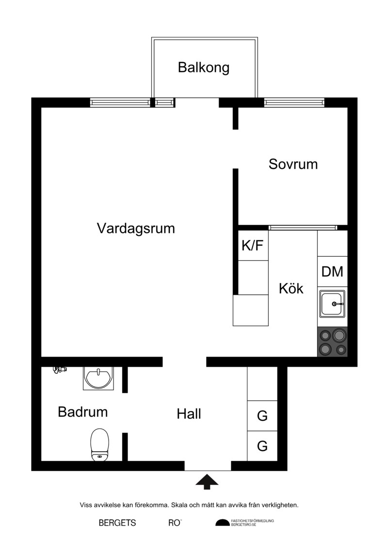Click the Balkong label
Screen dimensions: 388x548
204,67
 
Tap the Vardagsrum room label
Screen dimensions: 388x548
136,228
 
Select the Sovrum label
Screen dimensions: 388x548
293,164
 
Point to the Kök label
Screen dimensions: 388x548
291,288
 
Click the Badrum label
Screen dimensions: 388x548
82,412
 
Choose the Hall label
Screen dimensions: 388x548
189,414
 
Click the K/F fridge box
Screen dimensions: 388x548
253,245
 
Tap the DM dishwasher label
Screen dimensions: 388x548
332,271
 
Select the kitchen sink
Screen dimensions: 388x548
332,304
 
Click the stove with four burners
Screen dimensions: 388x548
332,342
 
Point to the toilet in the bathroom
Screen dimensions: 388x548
100,444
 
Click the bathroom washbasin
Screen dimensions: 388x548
98,378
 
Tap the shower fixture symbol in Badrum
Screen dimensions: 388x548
60,369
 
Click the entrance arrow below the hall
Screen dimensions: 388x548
207,482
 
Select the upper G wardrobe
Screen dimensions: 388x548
262,416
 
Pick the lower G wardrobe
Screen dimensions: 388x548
262,446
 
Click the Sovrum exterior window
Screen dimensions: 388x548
294,102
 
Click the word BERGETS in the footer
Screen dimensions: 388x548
117,523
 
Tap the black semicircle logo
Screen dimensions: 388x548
223,522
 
